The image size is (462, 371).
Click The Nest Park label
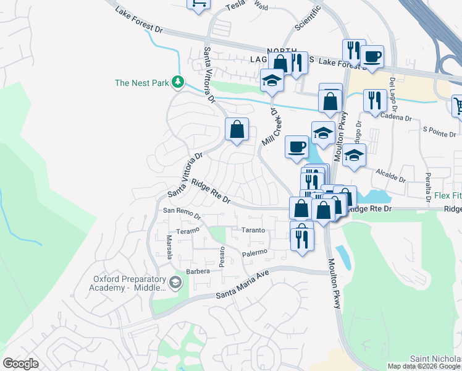pos(142,83)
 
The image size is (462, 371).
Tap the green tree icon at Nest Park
pos(178,82)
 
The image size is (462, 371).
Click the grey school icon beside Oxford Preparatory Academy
pos(175,283)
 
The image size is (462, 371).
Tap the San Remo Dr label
pos(182,213)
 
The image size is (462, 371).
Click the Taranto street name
pos(253,230)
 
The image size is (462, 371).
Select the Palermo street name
pos(254,253)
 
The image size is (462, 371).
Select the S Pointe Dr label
pos(439,132)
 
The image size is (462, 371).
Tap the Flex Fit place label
pos(447,196)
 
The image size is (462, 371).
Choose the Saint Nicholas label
pos(435,359)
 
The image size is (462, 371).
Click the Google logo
pos(20,364)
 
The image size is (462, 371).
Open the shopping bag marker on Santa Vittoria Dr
pos(237,130)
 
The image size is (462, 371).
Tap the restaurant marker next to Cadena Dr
pos(375,100)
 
